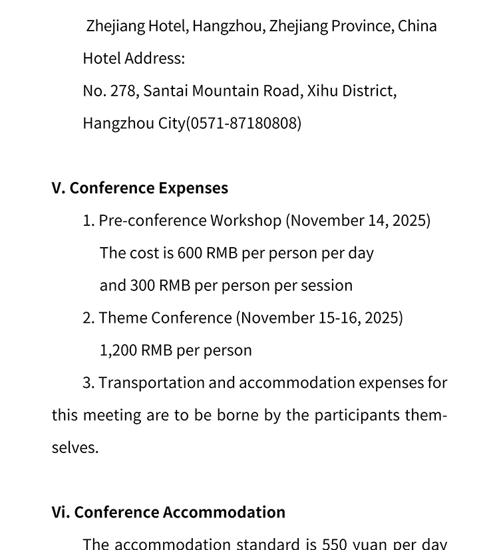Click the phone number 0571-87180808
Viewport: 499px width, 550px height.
(x=244, y=123)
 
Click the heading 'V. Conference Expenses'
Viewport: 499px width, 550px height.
(x=140, y=188)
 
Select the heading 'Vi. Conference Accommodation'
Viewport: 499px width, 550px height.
(x=168, y=512)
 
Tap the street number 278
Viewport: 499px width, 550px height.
(x=123, y=90)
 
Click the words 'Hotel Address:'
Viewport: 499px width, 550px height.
(x=134, y=58)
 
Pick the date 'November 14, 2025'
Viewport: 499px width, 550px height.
(x=358, y=221)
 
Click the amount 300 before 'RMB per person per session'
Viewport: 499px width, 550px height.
(x=142, y=286)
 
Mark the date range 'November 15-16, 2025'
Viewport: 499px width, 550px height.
(x=319, y=318)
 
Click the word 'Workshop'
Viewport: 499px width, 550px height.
(x=246, y=221)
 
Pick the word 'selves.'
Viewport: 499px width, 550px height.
(x=75, y=448)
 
